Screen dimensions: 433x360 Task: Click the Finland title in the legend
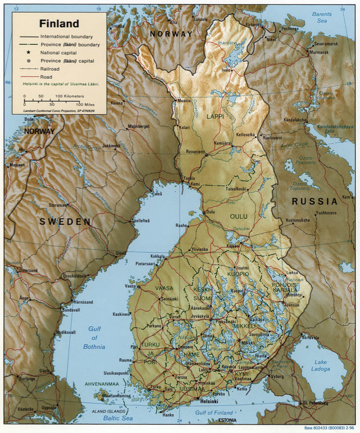point(59,23)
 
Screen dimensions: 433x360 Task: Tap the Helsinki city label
point(210,402)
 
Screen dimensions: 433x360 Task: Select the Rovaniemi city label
point(195,151)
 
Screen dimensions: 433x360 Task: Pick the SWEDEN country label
point(65,222)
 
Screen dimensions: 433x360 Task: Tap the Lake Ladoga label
point(321,365)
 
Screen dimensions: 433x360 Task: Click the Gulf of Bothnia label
point(94,337)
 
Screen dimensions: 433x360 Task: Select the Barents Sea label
point(322,17)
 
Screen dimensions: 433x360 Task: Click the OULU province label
point(239,216)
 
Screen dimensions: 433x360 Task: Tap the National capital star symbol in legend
point(29,52)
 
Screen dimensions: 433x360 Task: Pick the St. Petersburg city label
point(315,403)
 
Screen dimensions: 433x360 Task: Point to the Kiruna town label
point(117,103)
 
